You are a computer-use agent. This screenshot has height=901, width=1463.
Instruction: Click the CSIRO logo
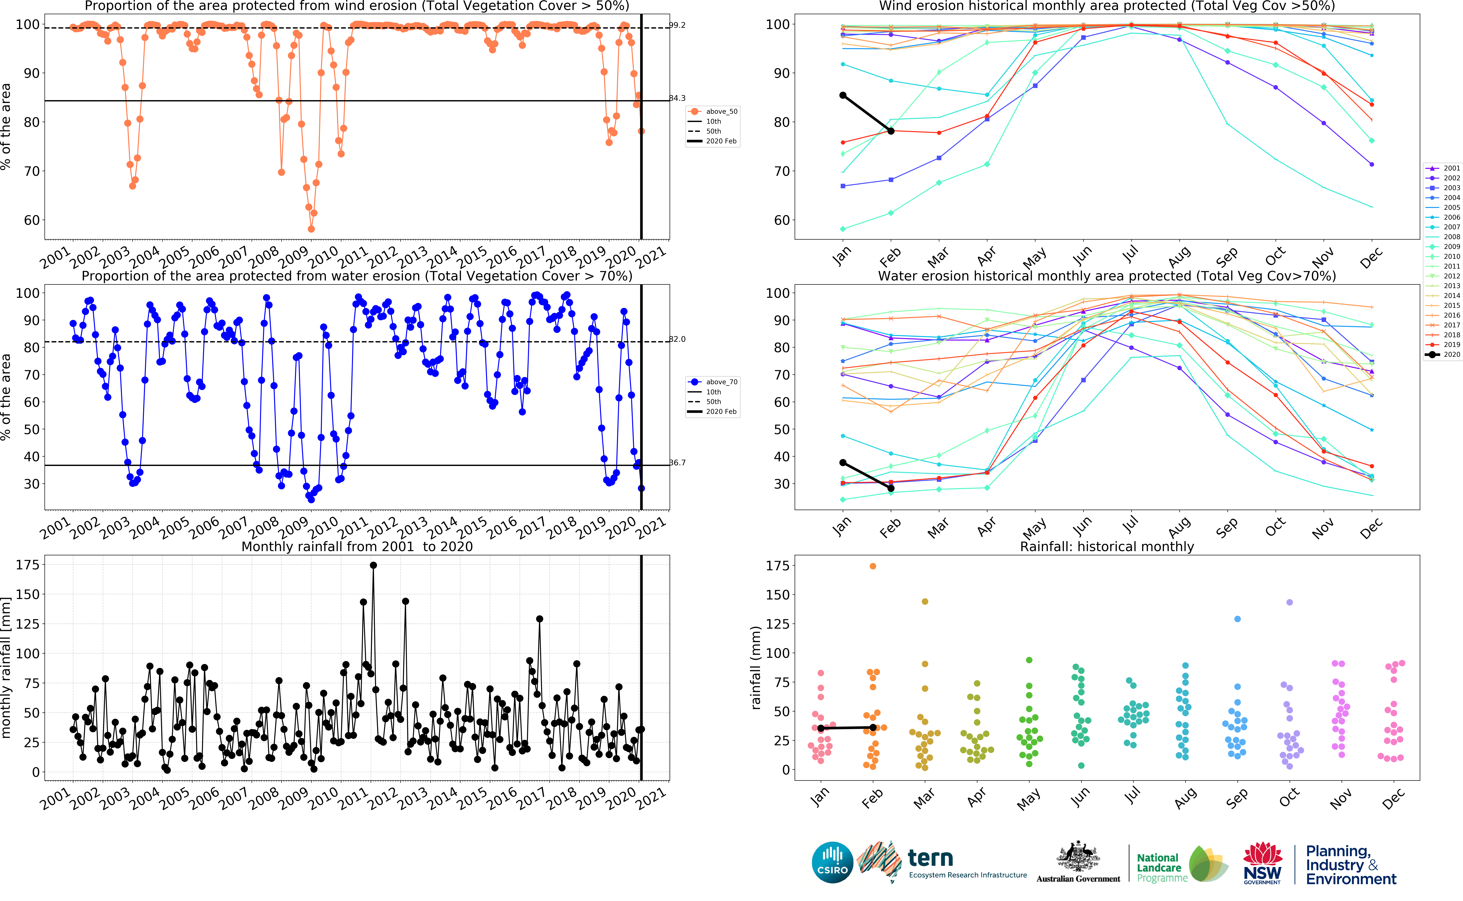point(832,862)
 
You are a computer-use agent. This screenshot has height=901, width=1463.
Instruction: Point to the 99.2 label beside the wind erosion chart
point(677,25)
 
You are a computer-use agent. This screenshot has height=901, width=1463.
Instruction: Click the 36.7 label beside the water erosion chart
point(677,462)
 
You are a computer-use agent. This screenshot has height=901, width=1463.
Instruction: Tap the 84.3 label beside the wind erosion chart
point(677,98)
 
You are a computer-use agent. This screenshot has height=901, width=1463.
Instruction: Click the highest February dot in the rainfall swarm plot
point(873,566)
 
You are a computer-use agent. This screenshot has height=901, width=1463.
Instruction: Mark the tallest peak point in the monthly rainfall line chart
point(373,565)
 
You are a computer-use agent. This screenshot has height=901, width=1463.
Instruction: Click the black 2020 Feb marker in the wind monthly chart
point(891,131)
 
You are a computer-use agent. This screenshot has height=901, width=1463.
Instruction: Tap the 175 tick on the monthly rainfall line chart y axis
point(27,564)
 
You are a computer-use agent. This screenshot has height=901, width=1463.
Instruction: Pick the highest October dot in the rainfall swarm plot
point(1290,602)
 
